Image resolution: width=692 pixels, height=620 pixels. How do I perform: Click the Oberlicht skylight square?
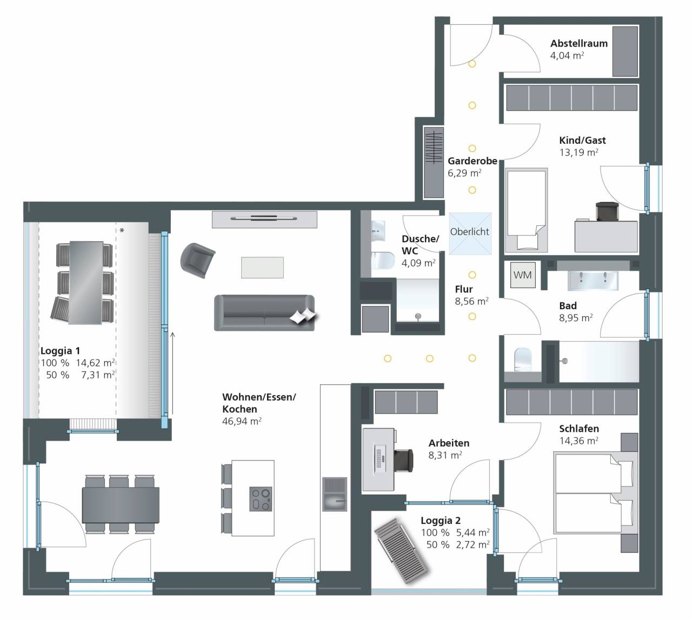[x=470, y=234]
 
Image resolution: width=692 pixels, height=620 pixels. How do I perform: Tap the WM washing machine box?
[x=523, y=275]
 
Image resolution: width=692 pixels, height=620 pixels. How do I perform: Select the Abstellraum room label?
[x=579, y=43]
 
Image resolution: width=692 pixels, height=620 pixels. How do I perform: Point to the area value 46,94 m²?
[x=242, y=421]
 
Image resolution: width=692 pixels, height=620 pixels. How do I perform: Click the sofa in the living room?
[x=264, y=313]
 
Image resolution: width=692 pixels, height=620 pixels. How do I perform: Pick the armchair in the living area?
[x=197, y=261]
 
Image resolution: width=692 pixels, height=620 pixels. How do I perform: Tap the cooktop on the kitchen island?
[x=261, y=499]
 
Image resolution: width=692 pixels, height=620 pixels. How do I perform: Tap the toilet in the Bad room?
[x=523, y=359]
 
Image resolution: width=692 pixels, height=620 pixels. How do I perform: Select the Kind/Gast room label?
[x=582, y=141]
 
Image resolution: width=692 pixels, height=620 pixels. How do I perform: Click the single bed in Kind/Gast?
[x=526, y=210]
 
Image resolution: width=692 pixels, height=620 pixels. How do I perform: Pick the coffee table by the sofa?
[x=262, y=268]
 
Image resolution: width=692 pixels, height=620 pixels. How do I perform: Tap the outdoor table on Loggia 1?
[x=86, y=283]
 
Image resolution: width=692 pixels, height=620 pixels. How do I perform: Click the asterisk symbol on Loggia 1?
[x=122, y=231]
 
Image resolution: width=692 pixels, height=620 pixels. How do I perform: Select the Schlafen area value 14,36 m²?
[x=578, y=441]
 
